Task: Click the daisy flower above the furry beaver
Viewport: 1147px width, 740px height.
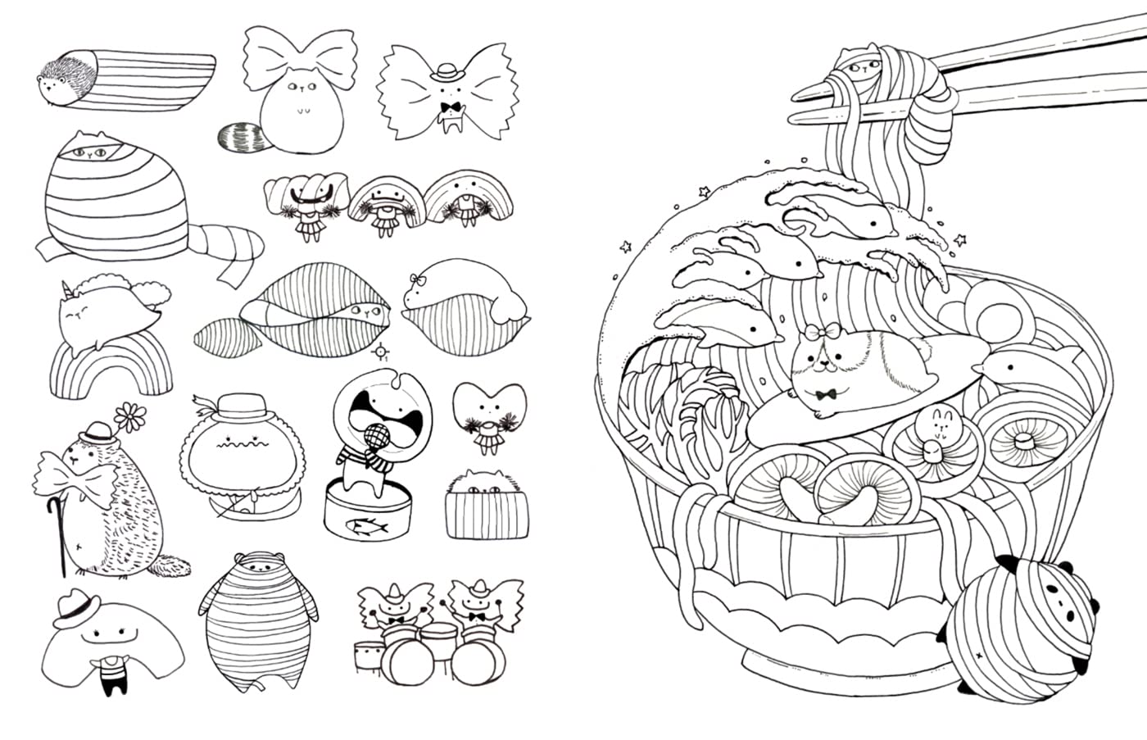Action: [127, 417]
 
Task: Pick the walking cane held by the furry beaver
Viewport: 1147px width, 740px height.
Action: [59, 533]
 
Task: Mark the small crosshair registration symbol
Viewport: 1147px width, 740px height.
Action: [380, 352]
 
